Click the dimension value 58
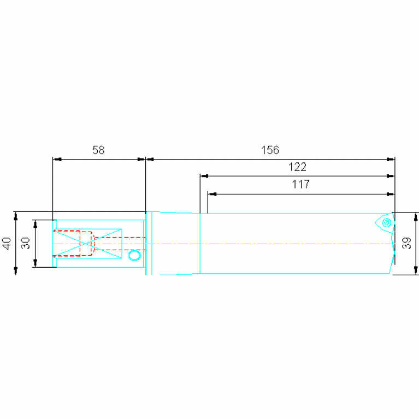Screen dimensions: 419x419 (98, 150)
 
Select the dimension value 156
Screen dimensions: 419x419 (270, 150)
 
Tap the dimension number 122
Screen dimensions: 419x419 (297, 167)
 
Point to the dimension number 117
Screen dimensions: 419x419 (300, 185)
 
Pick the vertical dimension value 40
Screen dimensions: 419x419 (7, 243)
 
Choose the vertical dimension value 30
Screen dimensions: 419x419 (26, 243)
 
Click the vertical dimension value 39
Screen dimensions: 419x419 (406, 243)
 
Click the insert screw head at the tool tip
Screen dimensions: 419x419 (386, 222)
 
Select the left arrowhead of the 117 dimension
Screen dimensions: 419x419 (212, 194)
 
